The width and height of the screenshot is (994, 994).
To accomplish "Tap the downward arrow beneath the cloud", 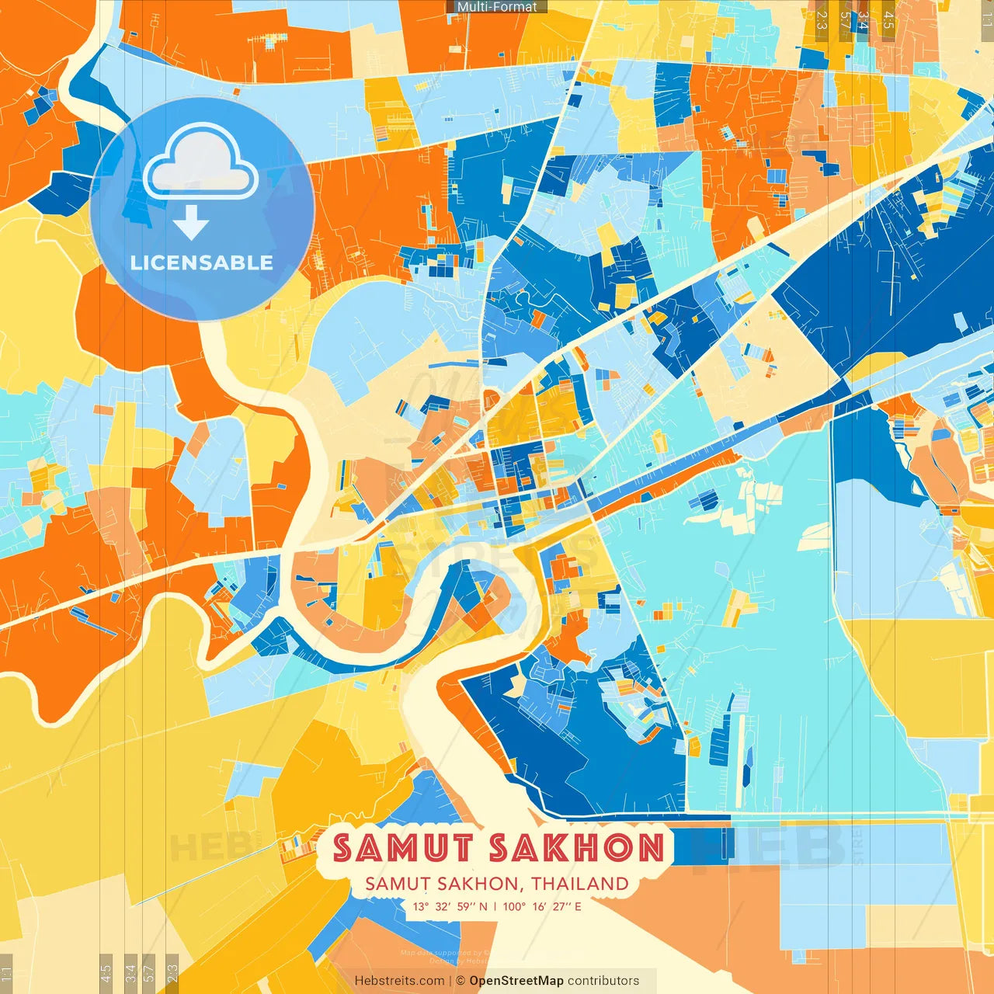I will tap(191, 222).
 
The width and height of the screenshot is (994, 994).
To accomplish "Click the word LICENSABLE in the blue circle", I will tap(201, 262).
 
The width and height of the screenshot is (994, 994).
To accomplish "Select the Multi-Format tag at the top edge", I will tap(497, 7).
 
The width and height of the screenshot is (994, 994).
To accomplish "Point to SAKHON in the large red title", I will tap(576, 847).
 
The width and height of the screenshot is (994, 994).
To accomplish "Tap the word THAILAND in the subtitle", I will tap(580, 884).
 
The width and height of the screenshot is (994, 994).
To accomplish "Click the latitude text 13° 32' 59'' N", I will tap(450, 906).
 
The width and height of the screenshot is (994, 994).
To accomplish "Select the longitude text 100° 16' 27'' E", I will tap(542, 906).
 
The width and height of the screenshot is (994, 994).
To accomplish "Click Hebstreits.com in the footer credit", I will tap(399, 981).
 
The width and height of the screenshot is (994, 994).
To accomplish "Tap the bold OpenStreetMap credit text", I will tap(516, 981).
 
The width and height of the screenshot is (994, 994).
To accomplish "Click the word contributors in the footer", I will tap(603, 981).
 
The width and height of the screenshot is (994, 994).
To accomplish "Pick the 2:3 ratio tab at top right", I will tap(822, 20).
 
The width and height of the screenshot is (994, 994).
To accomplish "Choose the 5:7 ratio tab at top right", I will tap(844, 20).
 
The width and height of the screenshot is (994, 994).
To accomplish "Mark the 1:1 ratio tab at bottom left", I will tap(6, 974).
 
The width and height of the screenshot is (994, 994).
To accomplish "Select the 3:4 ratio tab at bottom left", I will tap(130, 974).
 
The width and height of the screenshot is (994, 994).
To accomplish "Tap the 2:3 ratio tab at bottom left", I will tap(172, 974).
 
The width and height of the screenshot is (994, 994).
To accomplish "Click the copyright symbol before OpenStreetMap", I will tap(460, 981).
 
